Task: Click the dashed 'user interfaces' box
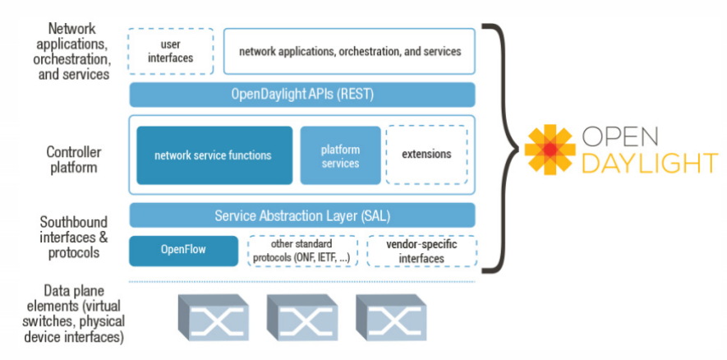point(171,50)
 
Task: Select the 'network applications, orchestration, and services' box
point(349,51)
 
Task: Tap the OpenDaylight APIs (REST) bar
point(302,95)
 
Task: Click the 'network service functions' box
point(214,155)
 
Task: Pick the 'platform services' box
point(340,155)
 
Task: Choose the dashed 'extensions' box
point(426,155)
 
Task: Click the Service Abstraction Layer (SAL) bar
point(302,215)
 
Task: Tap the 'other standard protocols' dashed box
point(302,251)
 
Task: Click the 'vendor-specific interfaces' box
point(421,251)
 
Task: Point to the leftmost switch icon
point(213,317)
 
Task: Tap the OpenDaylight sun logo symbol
point(550,149)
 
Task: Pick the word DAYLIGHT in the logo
point(649,163)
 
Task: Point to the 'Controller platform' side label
point(72,159)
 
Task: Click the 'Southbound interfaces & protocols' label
point(72,237)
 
